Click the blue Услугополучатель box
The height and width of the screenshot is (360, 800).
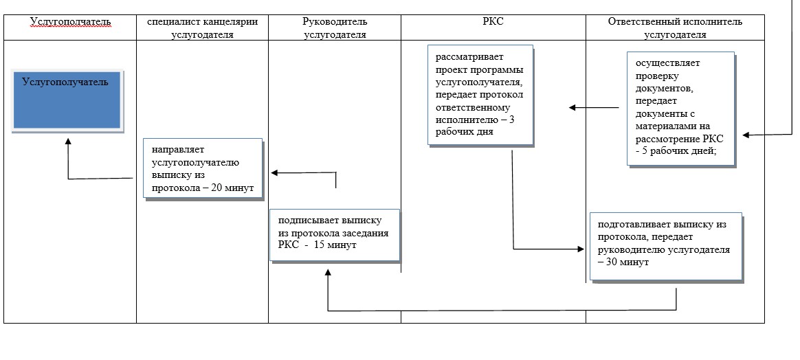(x=67, y=101)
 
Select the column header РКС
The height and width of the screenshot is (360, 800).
(x=493, y=22)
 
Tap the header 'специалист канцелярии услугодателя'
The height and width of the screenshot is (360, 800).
(x=202, y=28)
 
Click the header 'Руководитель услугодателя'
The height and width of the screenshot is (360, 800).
(x=335, y=28)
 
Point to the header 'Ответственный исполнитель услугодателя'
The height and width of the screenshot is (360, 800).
(x=675, y=28)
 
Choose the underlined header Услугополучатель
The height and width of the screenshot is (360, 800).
(x=70, y=22)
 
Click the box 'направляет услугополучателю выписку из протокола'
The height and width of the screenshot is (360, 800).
(x=203, y=169)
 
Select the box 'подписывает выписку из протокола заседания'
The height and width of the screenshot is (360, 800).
(x=335, y=234)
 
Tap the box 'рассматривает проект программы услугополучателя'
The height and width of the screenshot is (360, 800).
(x=480, y=95)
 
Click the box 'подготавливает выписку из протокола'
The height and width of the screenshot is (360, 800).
(x=667, y=246)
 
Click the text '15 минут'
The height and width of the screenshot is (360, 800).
(x=335, y=245)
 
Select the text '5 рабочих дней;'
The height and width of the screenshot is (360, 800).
(x=681, y=150)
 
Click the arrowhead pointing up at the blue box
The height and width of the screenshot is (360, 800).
(x=68, y=142)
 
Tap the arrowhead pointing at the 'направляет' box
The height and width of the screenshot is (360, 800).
(x=274, y=173)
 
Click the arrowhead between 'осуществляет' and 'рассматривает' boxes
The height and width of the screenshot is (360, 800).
(x=573, y=108)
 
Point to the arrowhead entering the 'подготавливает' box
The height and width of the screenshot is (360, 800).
(x=581, y=249)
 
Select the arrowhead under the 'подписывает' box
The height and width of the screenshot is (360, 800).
(x=328, y=273)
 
